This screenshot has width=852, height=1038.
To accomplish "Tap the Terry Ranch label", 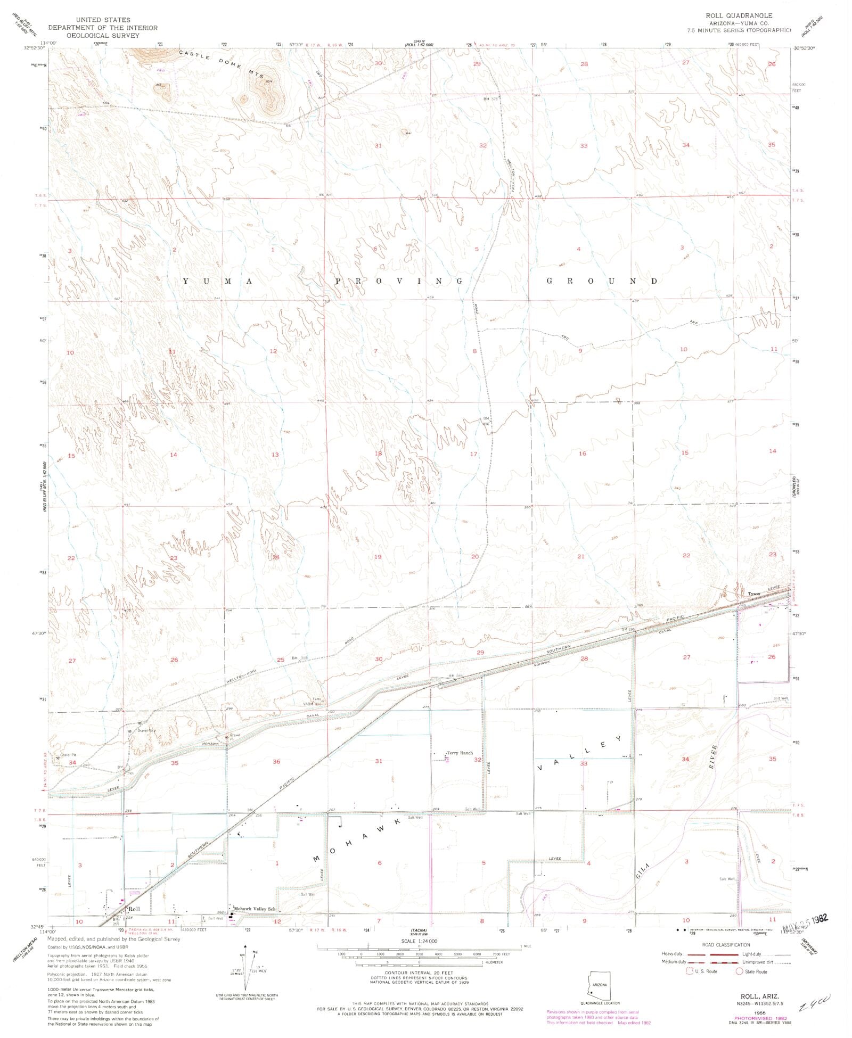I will coord(460,753).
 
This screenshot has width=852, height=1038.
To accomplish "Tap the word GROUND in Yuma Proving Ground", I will coord(603,281).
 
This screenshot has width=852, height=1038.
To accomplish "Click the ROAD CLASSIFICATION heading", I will coord(726,945).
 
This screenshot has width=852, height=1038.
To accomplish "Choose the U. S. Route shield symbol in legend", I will coord(690,971).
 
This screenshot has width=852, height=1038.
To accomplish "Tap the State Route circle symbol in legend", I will coord(740,971).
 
